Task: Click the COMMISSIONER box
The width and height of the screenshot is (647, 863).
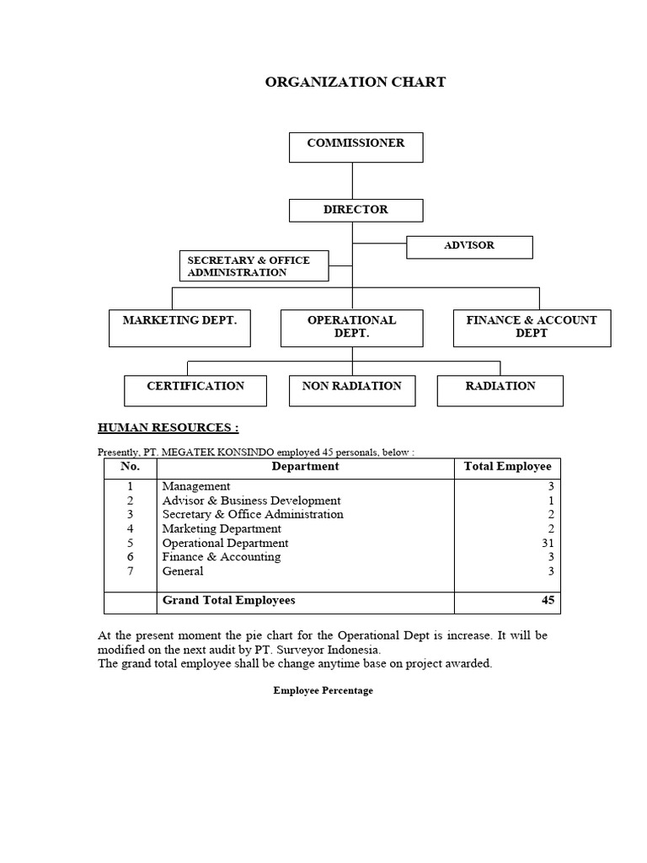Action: click(x=356, y=147)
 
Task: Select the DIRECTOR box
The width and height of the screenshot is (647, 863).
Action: click(x=356, y=210)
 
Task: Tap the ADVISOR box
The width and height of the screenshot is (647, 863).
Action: click(x=469, y=247)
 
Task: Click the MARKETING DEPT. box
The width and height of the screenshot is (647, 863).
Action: click(x=179, y=328)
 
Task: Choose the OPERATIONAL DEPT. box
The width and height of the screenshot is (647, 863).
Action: click(x=351, y=328)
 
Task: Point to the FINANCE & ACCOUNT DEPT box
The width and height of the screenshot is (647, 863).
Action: click(x=532, y=328)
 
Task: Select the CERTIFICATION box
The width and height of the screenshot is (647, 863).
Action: click(x=195, y=390)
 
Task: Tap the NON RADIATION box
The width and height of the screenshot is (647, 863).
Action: click(x=351, y=390)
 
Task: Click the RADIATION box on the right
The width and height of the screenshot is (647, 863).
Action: click(x=500, y=390)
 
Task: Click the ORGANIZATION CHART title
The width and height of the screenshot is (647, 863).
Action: click(x=356, y=83)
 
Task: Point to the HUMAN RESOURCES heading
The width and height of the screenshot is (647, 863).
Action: click(x=168, y=428)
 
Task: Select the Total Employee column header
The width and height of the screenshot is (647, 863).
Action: click(x=507, y=466)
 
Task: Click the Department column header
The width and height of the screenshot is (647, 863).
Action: click(x=305, y=466)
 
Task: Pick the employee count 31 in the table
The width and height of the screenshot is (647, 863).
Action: click(x=548, y=544)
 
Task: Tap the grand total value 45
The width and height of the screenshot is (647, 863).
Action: click(x=547, y=601)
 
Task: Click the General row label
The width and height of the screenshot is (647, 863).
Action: click(x=183, y=571)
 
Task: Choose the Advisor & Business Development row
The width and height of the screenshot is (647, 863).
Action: click(x=251, y=501)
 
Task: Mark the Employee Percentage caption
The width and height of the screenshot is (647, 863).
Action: click(x=323, y=691)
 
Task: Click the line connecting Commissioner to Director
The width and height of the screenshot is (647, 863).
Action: click(x=352, y=180)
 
